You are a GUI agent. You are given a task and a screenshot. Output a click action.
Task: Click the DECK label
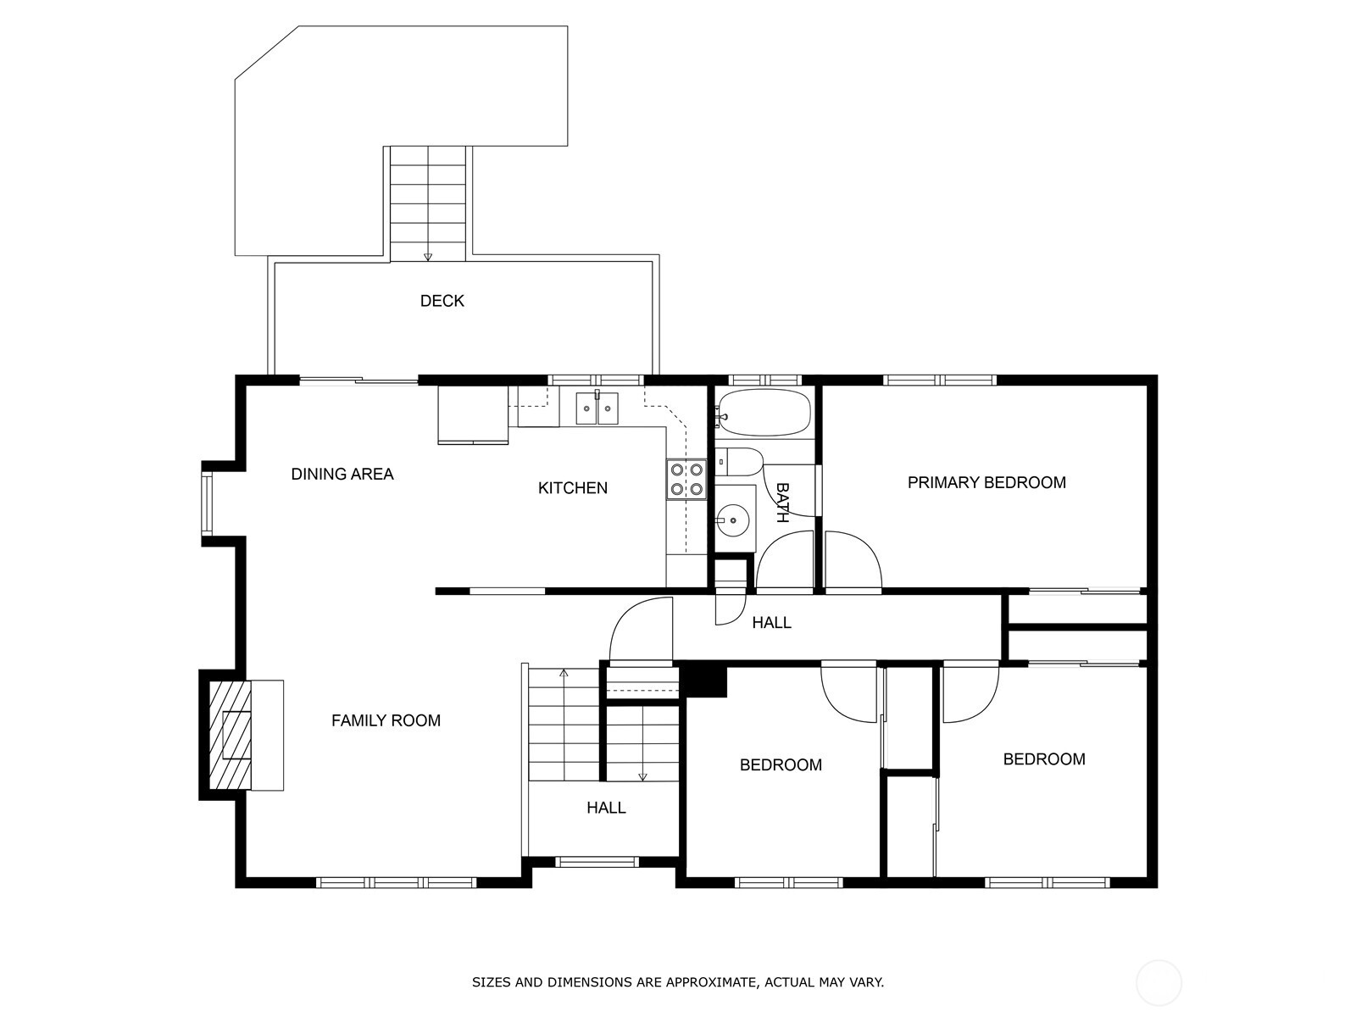[442, 301]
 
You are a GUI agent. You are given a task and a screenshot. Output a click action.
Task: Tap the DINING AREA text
[342, 474]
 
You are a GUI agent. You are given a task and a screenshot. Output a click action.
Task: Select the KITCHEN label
[573, 488]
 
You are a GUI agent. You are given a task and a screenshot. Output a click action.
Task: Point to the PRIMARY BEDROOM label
[986, 482]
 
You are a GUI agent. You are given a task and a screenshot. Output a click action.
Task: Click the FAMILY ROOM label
[386, 720]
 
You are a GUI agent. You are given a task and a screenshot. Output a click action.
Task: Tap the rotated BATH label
[782, 503]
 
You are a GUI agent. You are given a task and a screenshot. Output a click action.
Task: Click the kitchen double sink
[597, 408]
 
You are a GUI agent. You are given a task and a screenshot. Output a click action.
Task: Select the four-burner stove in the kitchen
[686, 479]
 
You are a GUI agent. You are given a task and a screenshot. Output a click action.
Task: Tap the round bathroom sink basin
[733, 520]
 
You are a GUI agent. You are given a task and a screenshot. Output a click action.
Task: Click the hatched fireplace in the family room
[231, 735]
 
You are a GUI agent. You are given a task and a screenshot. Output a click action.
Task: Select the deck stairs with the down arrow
[427, 203]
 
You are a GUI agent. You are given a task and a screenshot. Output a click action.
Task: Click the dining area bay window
[206, 503]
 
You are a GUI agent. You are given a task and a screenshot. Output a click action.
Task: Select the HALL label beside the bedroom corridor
[771, 622]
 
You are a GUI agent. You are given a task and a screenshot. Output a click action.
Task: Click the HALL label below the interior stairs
[606, 807]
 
